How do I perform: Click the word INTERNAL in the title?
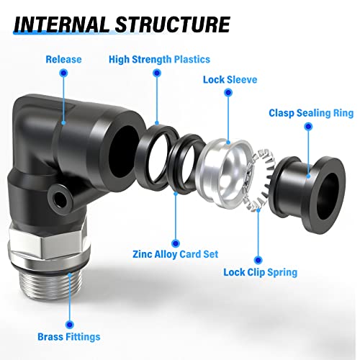61,24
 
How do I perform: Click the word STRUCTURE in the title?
173,24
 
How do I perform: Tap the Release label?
63,59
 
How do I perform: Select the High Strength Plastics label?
159,60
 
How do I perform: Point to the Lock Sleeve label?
230,80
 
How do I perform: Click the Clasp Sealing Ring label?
311,113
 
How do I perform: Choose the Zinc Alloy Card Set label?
176,254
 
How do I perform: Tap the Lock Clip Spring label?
261,272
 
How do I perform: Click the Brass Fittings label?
69,337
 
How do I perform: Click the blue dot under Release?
63,73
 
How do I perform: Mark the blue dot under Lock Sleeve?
228,92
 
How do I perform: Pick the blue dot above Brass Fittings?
70,325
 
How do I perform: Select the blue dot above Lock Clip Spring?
258,260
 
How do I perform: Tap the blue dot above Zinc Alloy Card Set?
176,243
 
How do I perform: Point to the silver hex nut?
48,243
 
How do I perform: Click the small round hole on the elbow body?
58,199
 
